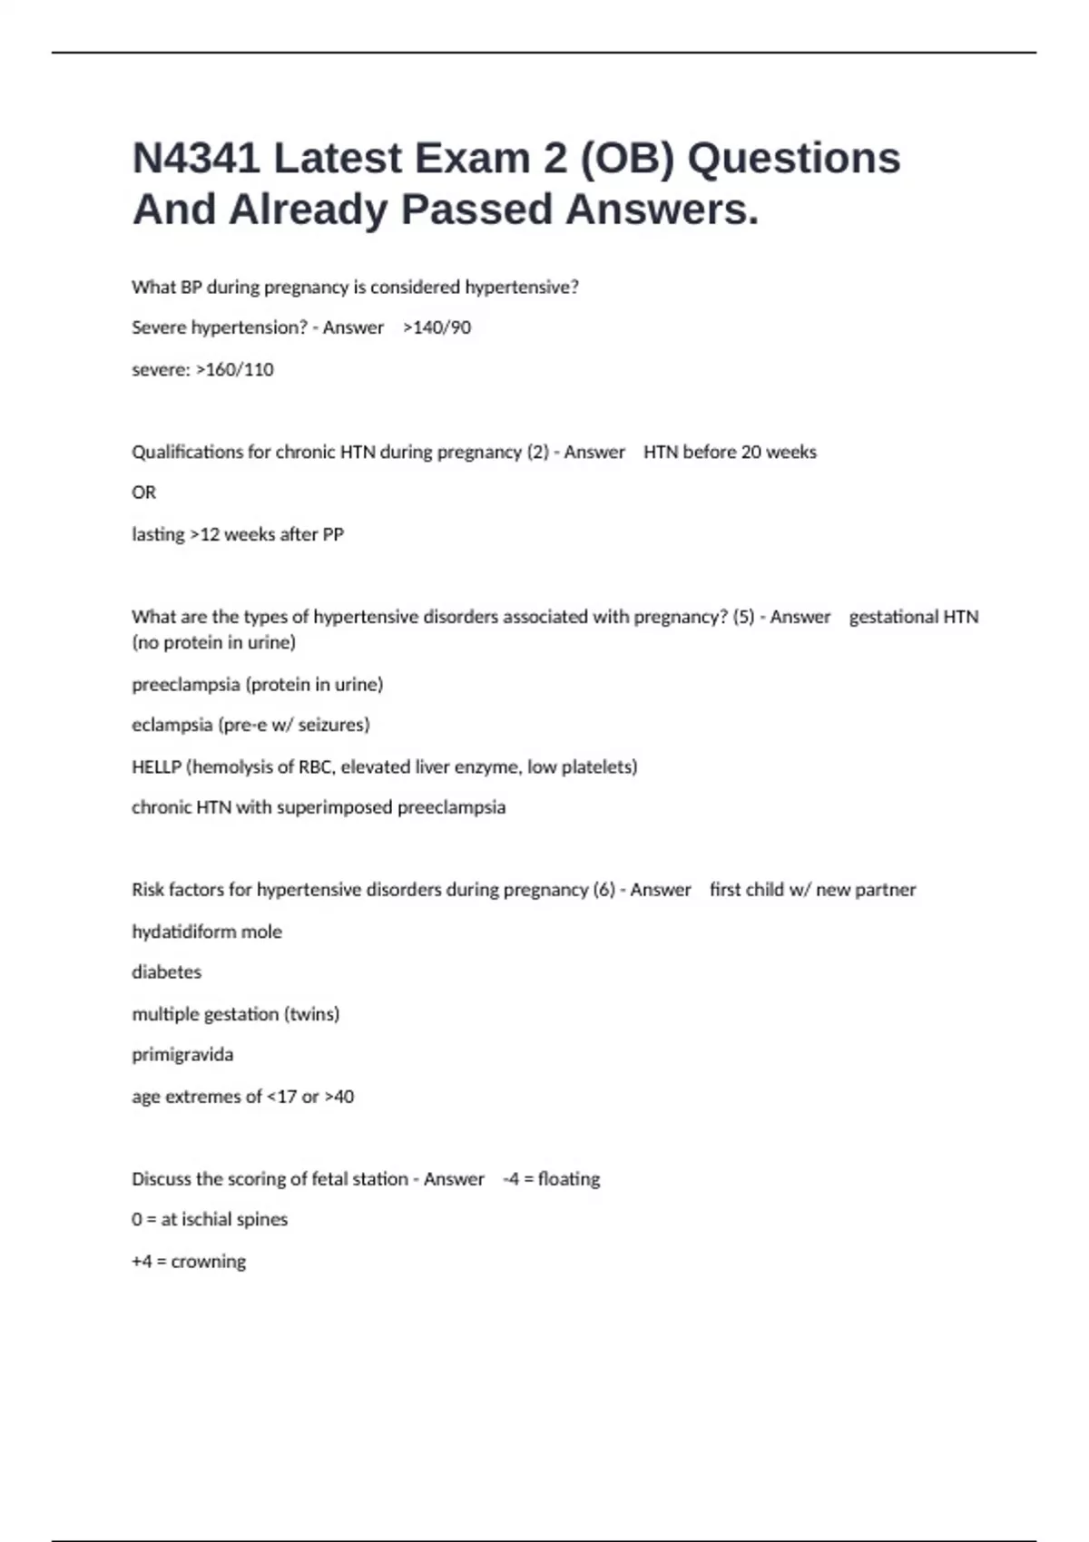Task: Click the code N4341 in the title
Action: point(196,158)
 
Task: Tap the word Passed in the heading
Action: point(476,210)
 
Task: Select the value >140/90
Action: point(437,327)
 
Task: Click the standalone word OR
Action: point(143,493)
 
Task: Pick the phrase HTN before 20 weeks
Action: point(730,452)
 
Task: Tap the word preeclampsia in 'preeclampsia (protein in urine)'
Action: point(185,684)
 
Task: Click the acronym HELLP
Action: point(156,766)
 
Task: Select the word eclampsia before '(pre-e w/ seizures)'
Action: point(172,725)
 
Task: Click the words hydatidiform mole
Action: point(207,932)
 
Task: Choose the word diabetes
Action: point(166,971)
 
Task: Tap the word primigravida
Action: point(182,1054)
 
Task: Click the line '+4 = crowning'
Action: point(189,1261)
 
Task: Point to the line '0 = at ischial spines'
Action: point(210,1219)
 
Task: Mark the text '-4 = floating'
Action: point(552,1178)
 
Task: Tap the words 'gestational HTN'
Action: point(913,617)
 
